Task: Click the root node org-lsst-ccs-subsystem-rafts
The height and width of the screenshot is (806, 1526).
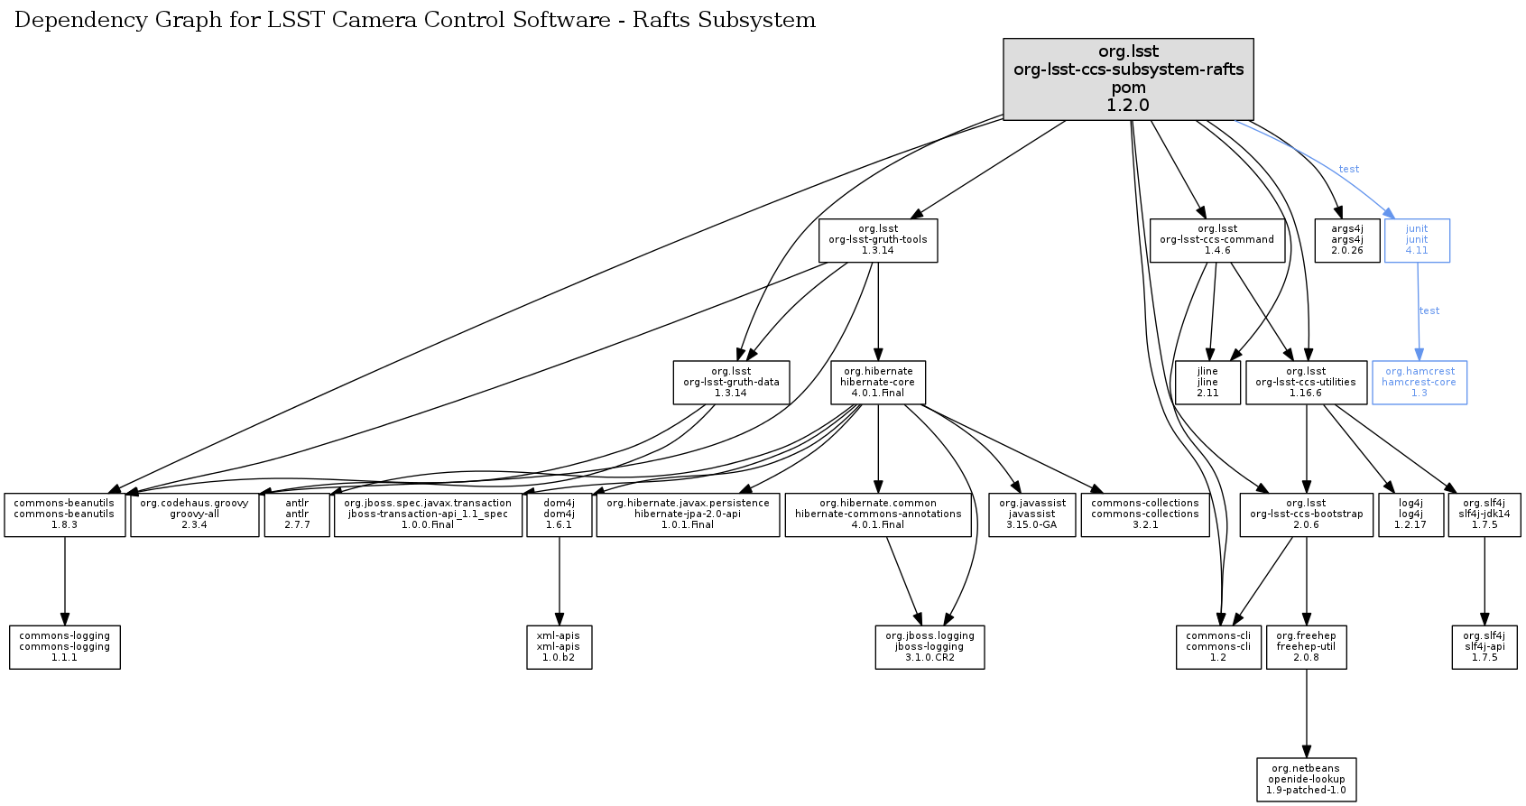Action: click(x=1128, y=79)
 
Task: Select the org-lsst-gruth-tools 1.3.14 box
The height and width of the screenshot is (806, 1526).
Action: click(x=877, y=240)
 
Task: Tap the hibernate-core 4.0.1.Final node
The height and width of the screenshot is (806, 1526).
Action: click(x=877, y=383)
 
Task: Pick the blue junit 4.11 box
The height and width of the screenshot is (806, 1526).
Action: click(x=1417, y=240)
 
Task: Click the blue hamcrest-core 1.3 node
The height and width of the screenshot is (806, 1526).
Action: click(x=1419, y=383)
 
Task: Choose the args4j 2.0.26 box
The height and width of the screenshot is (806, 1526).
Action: click(x=1346, y=240)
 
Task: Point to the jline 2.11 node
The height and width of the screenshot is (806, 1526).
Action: click(x=1207, y=383)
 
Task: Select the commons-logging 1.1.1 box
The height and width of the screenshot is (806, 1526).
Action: click(x=64, y=647)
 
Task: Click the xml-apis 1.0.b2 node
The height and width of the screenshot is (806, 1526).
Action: click(x=559, y=647)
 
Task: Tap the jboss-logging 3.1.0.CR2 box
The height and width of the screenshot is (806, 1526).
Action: click(x=929, y=647)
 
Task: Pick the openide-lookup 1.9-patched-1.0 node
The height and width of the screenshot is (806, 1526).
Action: click(x=1306, y=780)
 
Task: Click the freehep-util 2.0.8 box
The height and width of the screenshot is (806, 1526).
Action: click(x=1306, y=647)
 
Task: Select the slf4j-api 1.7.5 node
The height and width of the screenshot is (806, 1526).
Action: click(x=1484, y=647)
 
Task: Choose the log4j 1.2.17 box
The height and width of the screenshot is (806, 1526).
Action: click(x=1410, y=514)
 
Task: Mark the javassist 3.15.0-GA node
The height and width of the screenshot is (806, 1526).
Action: click(x=1032, y=514)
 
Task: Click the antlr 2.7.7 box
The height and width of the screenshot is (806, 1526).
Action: click(x=297, y=514)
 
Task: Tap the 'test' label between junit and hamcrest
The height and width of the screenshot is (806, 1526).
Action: click(x=1429, y=311)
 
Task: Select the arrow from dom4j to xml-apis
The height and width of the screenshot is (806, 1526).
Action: click(x=559, y=582)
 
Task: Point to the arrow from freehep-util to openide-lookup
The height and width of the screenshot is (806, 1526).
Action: click(x=1306, y=713)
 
